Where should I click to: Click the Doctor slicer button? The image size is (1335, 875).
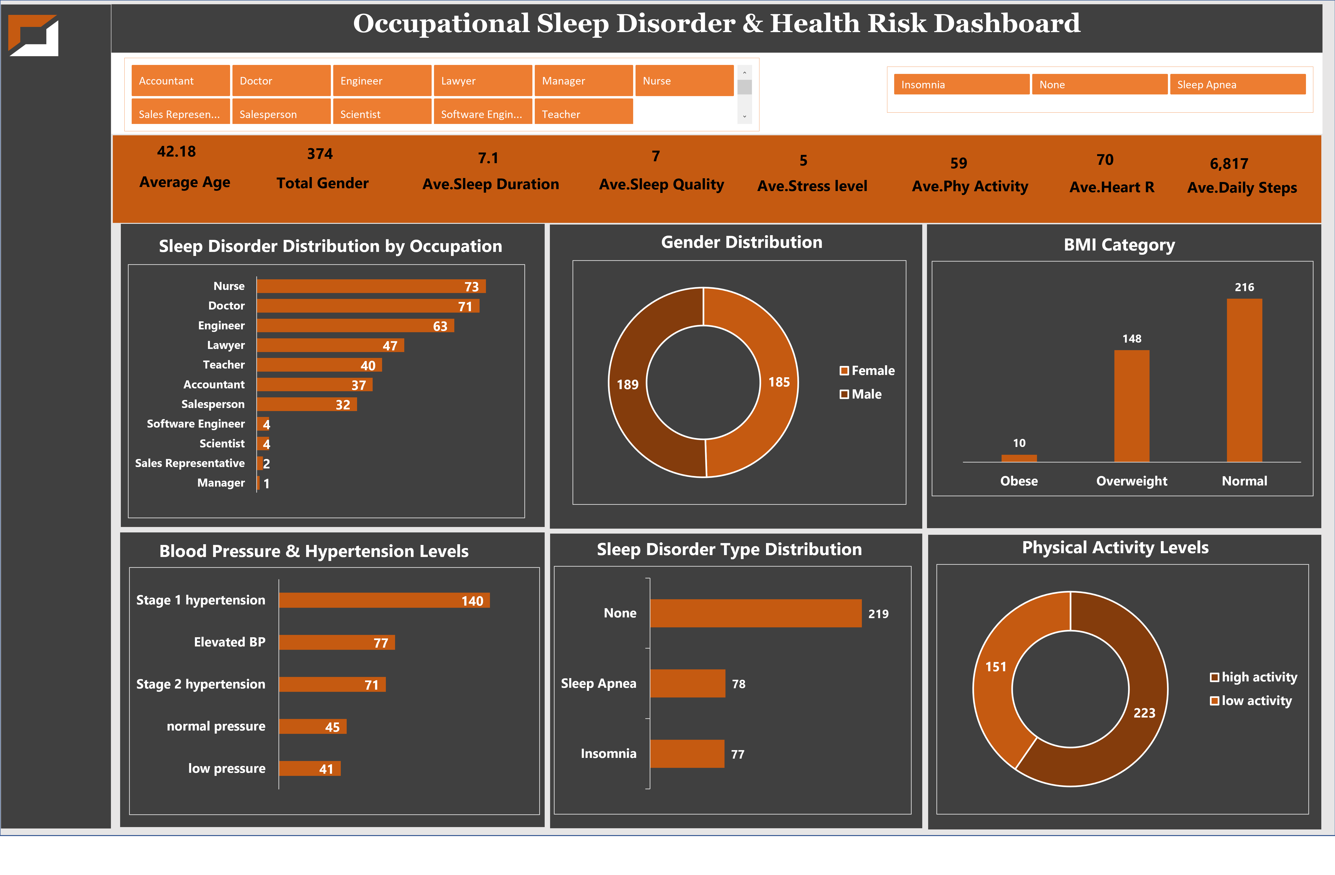(x=280, y=81)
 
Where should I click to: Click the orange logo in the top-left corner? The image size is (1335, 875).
(x=34, y=35)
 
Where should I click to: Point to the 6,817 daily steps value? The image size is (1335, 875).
(x=1228, y=164)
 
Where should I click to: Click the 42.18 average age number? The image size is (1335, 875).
(x=176, y=152)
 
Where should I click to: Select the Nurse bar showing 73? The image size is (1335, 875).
(x=370, y=286)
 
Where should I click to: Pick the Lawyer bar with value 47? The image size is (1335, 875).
(x=330, y=345)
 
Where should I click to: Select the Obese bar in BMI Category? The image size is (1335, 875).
(x=1019, y=458)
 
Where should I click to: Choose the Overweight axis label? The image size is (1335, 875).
(x=1131, y=481)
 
